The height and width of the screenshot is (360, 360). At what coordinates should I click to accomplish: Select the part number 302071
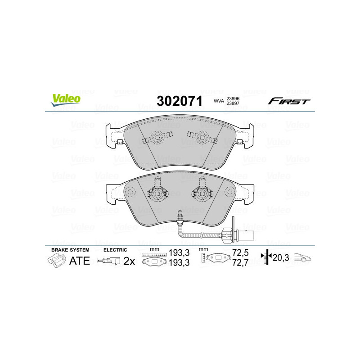(179, 101)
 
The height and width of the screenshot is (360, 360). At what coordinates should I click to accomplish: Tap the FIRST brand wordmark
(289, 101)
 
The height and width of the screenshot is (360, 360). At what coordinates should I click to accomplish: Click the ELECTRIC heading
(115, 249)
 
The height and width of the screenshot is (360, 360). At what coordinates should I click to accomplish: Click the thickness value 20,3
(280, 258)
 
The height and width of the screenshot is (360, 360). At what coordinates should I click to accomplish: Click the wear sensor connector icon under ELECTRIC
(109, 261)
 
